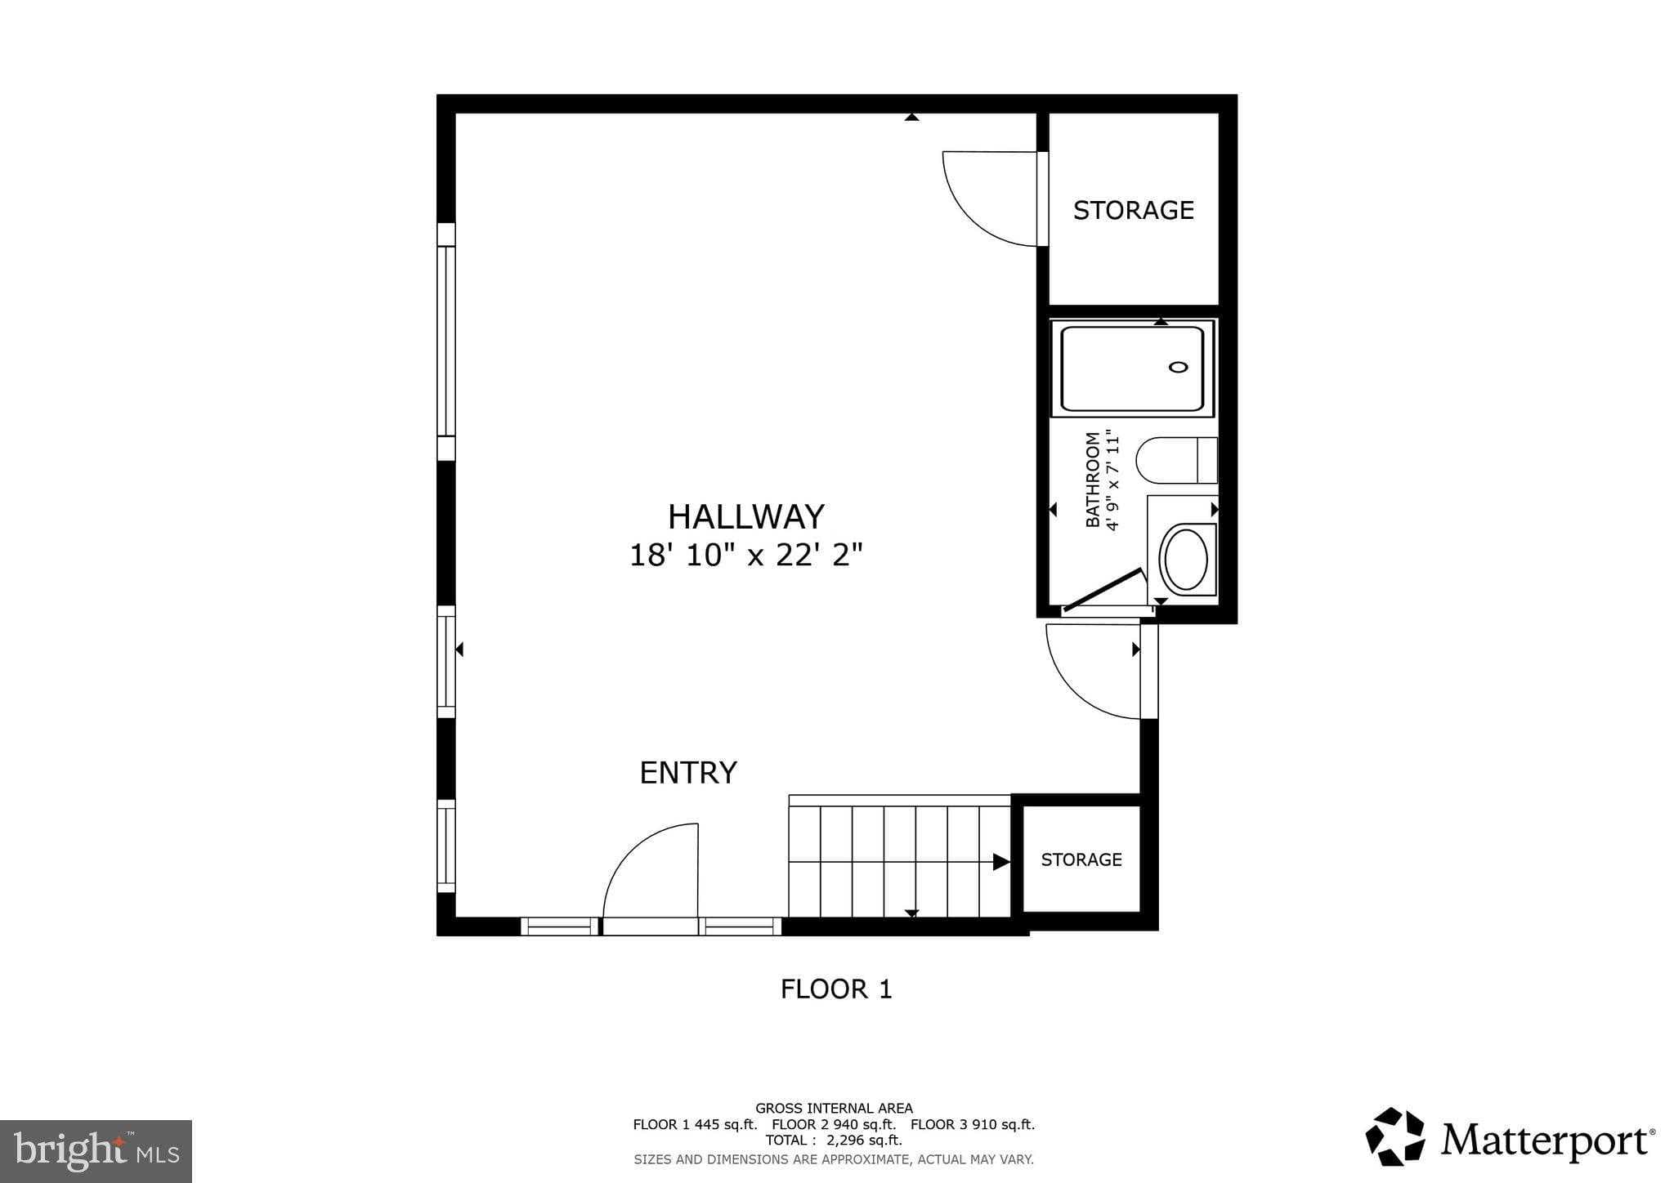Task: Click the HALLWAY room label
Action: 745,517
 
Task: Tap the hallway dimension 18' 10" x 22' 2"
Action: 745,556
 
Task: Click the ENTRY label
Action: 687,773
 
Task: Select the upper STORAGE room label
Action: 1133,211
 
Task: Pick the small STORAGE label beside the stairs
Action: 1081,859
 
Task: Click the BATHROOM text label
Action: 1092,480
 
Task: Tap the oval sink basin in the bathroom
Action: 1185,560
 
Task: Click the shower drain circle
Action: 1178,367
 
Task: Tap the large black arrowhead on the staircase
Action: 1000,861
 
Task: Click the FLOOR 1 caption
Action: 835,989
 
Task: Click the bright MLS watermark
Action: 96,1151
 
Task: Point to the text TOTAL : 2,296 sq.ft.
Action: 833,1140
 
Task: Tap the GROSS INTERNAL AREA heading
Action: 833,1109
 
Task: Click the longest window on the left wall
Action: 445,341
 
